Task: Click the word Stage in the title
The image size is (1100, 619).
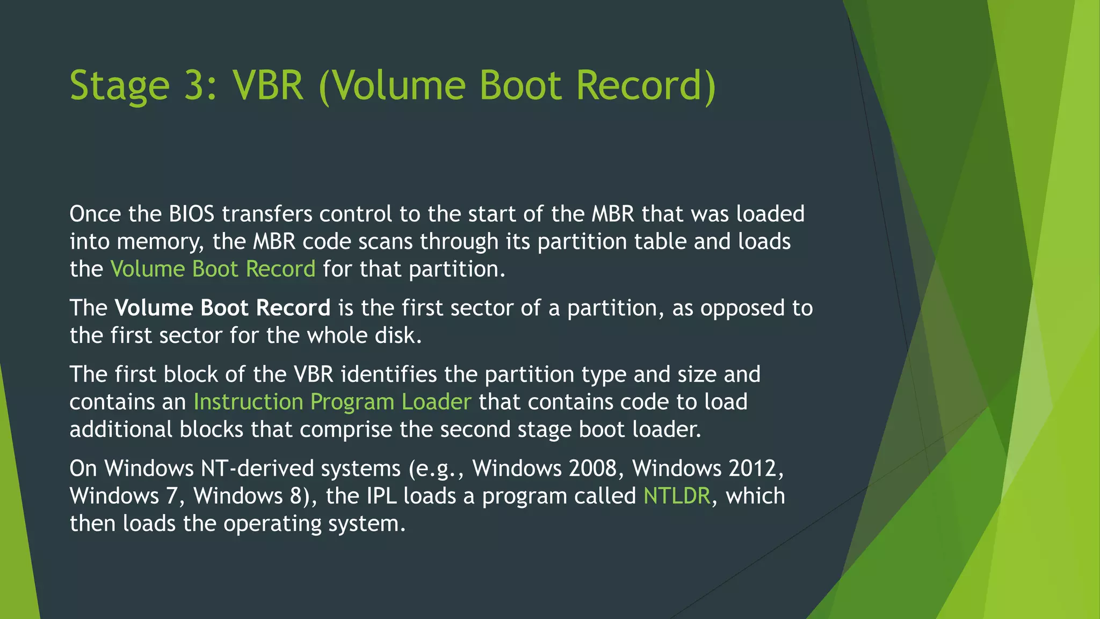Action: pyautogui.click(x=120, y=86)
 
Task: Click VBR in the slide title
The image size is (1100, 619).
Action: pyautogui.click(x=268, y=86)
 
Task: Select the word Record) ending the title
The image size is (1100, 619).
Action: pyautogui.click(x=646, y=86)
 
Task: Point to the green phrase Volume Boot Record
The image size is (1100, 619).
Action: pyautogui.click(x=213, y=269)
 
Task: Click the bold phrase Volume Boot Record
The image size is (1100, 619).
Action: pyautogui.click(x=222, y=308)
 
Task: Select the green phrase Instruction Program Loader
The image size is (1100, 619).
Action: pyautogui.click(x=332, y=402)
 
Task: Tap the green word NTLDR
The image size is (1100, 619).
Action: pyautogui.click(x=677, y=496)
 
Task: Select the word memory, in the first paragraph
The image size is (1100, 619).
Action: pyautogui.click(x=160, y=242)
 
